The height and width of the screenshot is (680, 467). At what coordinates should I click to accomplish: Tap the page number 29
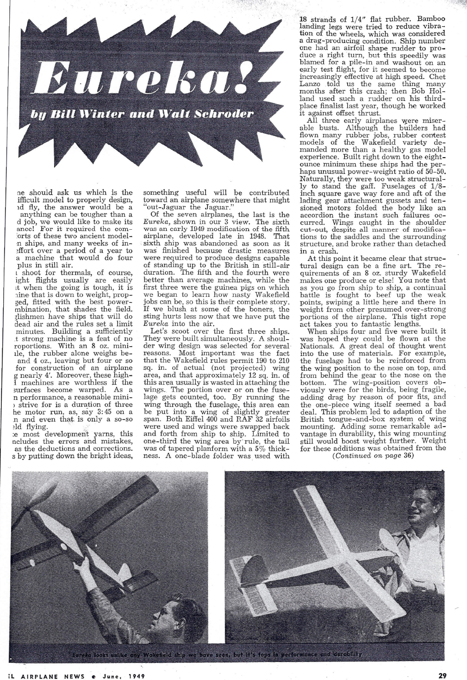coord(442,675)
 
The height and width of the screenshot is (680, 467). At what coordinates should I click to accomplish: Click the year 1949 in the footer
coord(136,676)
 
